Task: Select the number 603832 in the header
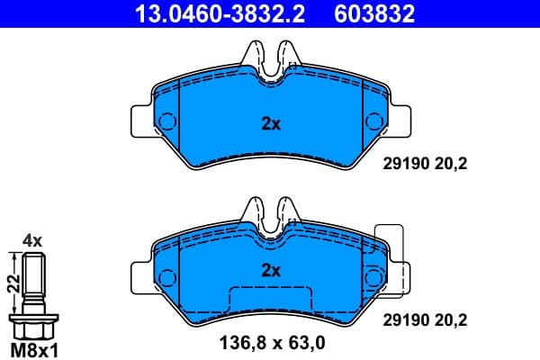coord(376,13)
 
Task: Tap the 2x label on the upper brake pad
coord(271,125)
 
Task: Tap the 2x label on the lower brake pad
coord(271,269)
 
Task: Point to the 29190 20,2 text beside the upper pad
coord(427,166)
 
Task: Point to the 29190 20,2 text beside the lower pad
coord(427,319)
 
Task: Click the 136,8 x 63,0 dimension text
coord(272,342)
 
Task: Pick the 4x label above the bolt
coord(32,240)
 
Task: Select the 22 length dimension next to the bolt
coord(12,283)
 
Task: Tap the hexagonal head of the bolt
coord(34,322)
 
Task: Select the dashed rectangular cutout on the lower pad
coord(271,301)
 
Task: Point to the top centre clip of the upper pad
coord(271,63)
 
